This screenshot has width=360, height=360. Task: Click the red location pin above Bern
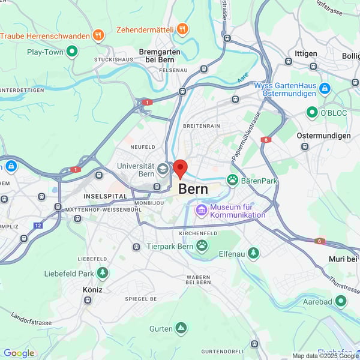(x=180, y=169)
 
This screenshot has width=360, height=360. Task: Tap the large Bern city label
(x=194, y=189)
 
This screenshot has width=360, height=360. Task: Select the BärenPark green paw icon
(x=232, y=180)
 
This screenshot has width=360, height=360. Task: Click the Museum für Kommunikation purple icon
(x=202, y=210)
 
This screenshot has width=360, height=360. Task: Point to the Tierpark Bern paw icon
(x=203, y=246)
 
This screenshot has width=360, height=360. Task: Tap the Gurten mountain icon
(x=181, y=328)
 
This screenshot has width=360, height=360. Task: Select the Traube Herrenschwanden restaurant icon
(x=98, y=36)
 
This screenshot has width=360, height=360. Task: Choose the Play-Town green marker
(x=72, y=52)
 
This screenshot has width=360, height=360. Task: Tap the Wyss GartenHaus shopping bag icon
(x=325, y=89)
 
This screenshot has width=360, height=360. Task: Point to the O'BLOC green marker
(x=312, y=112)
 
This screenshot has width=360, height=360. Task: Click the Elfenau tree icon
(x=253, y=254)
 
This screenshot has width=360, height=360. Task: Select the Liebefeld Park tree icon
(x=103, y=274)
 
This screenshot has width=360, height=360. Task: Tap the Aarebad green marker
(x=341, y=301)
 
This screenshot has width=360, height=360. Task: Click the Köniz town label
(x=92, y=289)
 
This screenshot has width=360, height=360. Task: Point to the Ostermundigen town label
(x=323, y=136)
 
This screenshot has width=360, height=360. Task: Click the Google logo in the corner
(x=19, y=353)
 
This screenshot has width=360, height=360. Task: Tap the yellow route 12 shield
(x=38, y=226)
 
